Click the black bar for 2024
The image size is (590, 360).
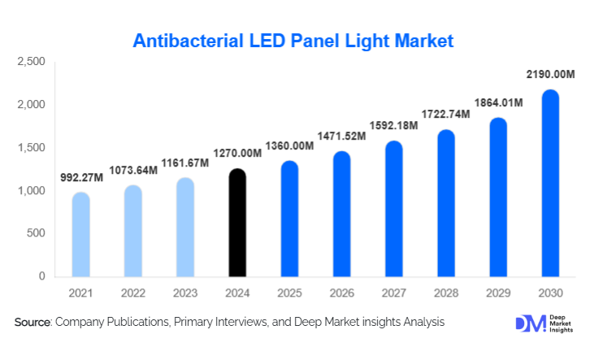(x=236, y=223)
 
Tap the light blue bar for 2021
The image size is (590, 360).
(x=80, y=235)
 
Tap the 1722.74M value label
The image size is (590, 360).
(x=445, y=115)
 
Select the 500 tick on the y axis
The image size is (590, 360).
(x=36, y=234)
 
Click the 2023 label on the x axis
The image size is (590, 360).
(x=184, y=292)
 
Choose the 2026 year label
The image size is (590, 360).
(x=341, y=292)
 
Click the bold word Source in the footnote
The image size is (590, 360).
(x=33, y=323)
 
